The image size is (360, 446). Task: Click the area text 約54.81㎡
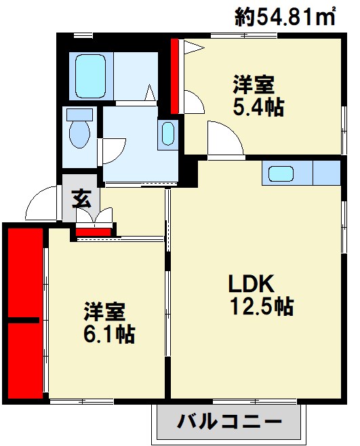pyautogui.click(x=285, y=16)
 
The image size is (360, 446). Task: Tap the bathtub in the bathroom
pyautogui.click(x=89, y=76)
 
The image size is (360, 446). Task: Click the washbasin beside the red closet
pyautogui.click(x=167, y=134)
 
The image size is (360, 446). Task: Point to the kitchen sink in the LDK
pyautogui.click(x=281, y=174)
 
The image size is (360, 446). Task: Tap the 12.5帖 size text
pyautogui.click(x=260, y=306)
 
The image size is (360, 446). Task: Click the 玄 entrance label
pyautogui.click(x=81, y=200)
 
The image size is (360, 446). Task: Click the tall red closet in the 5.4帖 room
pyautogui.click(x=174, y=76)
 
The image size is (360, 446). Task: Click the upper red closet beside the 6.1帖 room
pyautogui.click(x=24, y=272)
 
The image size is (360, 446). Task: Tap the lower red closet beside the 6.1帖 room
pyautogui.click(x=24, y=360)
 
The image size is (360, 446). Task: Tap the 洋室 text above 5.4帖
pyautogui.click(x=254, y=85)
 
